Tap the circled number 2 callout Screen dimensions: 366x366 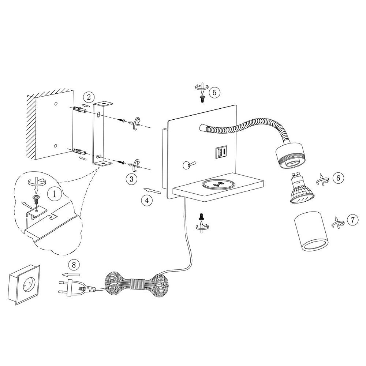[89, 97]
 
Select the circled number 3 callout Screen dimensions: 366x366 [131, 179]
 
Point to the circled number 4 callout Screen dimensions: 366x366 [147, 200]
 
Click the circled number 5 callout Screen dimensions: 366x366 [214, 92]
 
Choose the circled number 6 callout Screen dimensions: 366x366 [338, 178]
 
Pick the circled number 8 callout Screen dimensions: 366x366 [74, 265]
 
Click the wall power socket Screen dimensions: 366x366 [24, 285]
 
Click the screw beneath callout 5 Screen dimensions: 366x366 [202, 99]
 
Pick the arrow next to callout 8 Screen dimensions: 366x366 [71, 274]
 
